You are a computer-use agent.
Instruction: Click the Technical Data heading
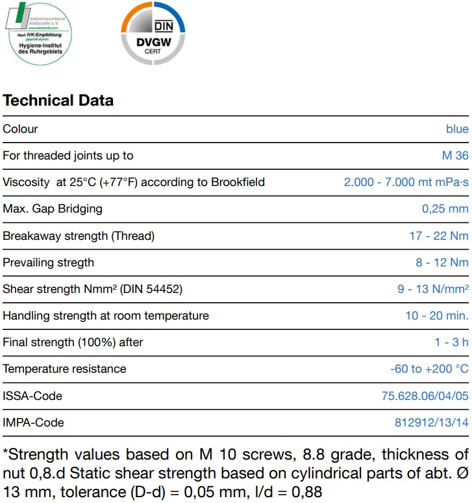click(x=58, y=100)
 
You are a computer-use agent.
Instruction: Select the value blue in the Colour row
click(x=457, y=129)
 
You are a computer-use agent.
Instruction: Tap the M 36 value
click(x=454, y=156)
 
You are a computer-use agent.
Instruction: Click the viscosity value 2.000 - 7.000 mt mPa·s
click(x=406, y=182)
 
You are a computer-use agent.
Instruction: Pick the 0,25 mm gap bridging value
click(x=445, y=209)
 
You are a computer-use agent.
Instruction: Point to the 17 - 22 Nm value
click(x=438, y=236)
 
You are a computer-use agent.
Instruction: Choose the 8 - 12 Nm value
click(x=441, y=263)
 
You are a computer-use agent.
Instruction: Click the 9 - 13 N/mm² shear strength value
click(x=432, y=289)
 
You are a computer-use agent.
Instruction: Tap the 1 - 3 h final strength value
click(x=451, y=342)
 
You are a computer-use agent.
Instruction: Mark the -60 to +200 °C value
click(x=429, y=369)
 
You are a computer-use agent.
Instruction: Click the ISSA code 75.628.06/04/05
click(x=425, y=396)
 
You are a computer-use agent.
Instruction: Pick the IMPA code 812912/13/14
click(x=431, y=423)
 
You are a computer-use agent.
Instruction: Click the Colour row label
click(x=21, y=129)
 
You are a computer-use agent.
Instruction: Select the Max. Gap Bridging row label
click(x=53, y=209)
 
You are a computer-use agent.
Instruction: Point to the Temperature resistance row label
click(x=64, y=369)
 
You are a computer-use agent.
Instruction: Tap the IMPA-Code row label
click(x=34, y=423)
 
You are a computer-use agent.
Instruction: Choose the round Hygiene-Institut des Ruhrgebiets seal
click(x=40, y=33)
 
